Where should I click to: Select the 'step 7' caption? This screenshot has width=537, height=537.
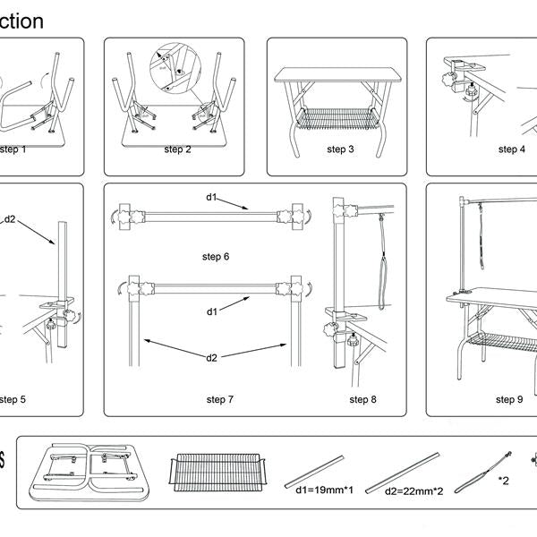click(219, 399)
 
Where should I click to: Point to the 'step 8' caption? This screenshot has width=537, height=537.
click(363, 399)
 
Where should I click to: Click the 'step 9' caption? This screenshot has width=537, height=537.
click(508, 399)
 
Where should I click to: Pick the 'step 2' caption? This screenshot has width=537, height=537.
click(177, 149)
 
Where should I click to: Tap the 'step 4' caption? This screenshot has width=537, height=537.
click(511, 149)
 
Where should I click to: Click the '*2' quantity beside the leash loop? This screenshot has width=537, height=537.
click(504, 481)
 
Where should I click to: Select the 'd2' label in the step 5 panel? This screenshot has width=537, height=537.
click(11, 218)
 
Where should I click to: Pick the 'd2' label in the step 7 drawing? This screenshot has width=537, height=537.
click(211, 358)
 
